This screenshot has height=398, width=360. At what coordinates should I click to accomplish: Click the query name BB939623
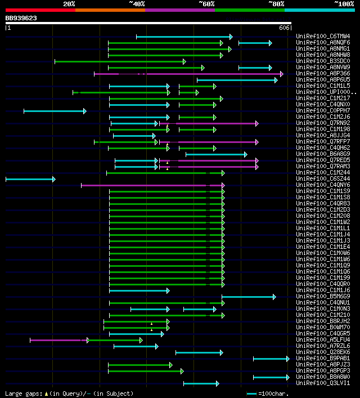pyautogui.click(x=21, y=18)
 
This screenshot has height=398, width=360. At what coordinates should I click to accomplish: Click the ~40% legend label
pyautogui.click(x=137, y=4)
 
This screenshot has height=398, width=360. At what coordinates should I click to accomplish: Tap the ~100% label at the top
pyautogui.click(x=344, y=4)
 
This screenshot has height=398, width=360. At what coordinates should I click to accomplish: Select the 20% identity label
pyautogui.click(x=69, y=4)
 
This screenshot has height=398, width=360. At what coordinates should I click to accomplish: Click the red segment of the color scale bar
pyautogui.click(x=40, y=10)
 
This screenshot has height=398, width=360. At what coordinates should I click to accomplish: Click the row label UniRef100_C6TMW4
pyautogui.click(x=323, y=37)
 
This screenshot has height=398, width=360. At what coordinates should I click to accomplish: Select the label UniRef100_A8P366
pyautogui.click(x=323, y=74)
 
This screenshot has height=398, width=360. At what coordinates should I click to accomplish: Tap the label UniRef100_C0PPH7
pyautogui.click(x=323, y=111)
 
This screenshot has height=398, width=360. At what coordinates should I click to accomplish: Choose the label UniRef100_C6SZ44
pyautogui.click(x=323, y=179)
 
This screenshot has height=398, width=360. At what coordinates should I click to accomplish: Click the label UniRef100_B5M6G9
pyautogui.click(x=323, y=297)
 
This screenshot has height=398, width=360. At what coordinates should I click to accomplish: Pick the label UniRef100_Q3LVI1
pyautogui.click(x=323, y=383)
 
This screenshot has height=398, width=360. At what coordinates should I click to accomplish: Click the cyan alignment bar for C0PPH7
pyautogui.click(x=55, y=111)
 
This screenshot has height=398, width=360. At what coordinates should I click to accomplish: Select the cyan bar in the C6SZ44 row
pyautogui.click(x=30, y=179)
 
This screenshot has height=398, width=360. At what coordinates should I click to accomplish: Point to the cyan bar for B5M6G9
pyautogui.click(x=248, y=297)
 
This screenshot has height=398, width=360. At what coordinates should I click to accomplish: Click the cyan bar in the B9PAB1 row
pyautogui.click(x=271, y=359)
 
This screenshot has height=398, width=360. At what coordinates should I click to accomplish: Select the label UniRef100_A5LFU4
pyautogui.click(x=323, y=340)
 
